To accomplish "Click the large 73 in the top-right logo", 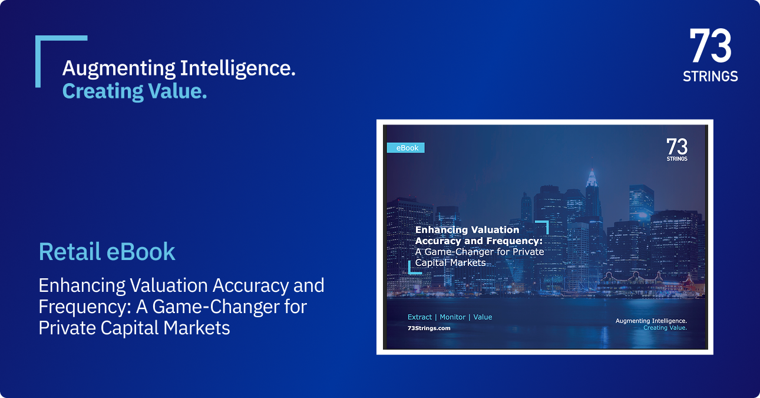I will (x=711, y=47).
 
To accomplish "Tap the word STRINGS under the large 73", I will (x=711, y=77).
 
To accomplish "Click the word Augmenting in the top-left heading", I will (x=118, y=69).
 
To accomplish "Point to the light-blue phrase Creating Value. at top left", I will (x=134, y=91).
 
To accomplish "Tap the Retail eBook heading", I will (x=107, y=252).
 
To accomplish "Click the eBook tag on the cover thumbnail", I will (x=405, y=148).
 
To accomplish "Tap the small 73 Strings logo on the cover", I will (x=677, y=150).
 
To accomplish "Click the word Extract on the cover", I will (x=419, y=317).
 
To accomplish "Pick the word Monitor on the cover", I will (x=452, y=317).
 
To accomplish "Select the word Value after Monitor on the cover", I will (x=483, y=317).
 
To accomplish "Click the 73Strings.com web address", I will (x=429, y=328).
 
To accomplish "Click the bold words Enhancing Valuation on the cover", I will (x=467, y=230).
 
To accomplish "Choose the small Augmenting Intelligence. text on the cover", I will (x=651, y=321).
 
